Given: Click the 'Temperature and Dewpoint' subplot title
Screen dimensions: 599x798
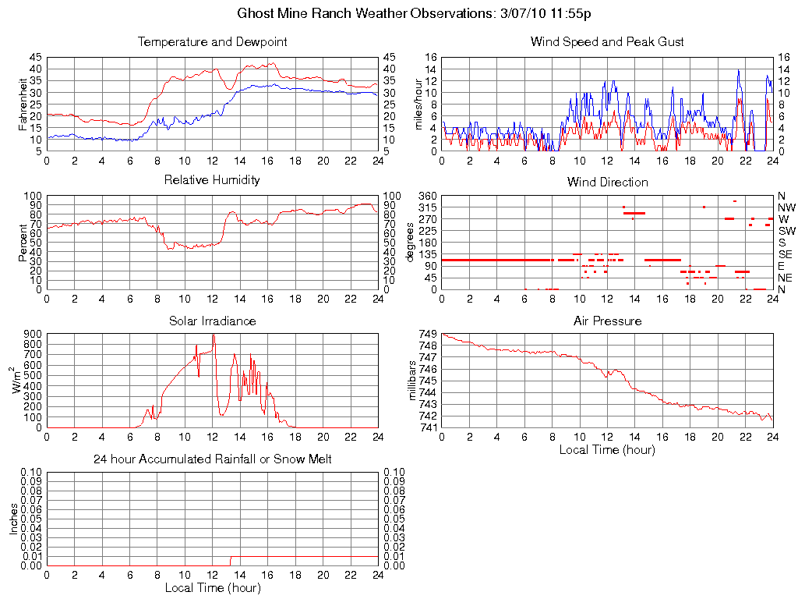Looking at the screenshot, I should click(x=212, y=42).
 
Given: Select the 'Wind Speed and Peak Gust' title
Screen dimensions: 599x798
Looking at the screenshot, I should click(x=607, y=42).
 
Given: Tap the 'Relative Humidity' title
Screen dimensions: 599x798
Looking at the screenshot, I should click(x=212, y=180).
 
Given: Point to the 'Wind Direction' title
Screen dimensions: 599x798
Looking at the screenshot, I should click(x=607, y=183).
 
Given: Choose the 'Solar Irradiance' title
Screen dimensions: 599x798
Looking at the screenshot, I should click(x=212, y=321).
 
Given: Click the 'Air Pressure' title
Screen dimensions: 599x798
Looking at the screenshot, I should click(x=607, y=321).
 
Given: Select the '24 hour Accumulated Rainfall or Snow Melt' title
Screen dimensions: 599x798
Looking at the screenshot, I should click(x=212, y=459).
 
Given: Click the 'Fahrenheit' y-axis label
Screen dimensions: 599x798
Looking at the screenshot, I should click(x=23, y=104).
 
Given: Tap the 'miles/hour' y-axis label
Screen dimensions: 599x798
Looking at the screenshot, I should click(x=418, y=104).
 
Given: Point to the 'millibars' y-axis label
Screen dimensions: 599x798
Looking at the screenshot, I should click(x=413, y=381).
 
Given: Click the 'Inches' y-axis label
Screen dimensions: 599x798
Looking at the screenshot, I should click(x=13, y=518).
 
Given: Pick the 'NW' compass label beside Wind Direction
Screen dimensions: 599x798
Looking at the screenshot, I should click(x=786, y=207).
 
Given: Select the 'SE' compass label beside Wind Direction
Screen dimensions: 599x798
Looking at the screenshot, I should click(x=786, y=254).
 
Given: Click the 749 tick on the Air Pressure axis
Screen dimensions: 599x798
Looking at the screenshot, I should click(x=427, y=334).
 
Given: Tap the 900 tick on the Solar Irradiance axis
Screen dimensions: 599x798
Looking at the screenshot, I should click(x=32, y=334).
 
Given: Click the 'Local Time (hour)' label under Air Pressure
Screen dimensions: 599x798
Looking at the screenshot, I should click(x=607, y=449).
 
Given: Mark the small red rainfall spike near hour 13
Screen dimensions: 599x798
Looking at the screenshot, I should click(x=230, y=560).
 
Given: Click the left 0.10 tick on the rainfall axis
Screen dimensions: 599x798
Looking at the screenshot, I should click(x=30, y=472).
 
